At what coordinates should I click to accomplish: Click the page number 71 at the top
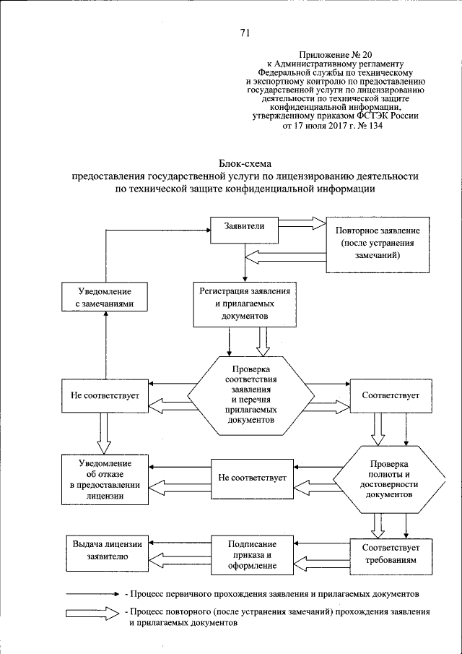click(x=244, y=32)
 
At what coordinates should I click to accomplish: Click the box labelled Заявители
click(x=245, y=227)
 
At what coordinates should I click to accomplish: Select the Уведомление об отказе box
click(x=105, y=479)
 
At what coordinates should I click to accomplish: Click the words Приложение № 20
click(x=330, y=55)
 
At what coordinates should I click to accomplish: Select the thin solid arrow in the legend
click(x=91, y=594)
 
